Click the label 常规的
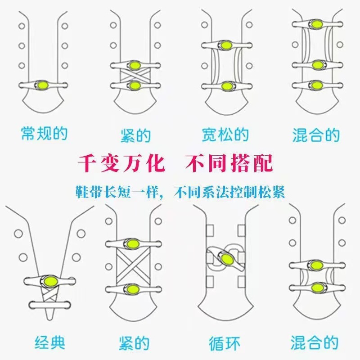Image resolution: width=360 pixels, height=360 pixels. pyautogui.click(x=44, y=133)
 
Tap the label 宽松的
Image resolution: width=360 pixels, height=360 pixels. pyautogui.click(x=225, y=134)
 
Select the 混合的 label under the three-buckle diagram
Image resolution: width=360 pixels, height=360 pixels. pyautogui.click(x=316, y=134)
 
